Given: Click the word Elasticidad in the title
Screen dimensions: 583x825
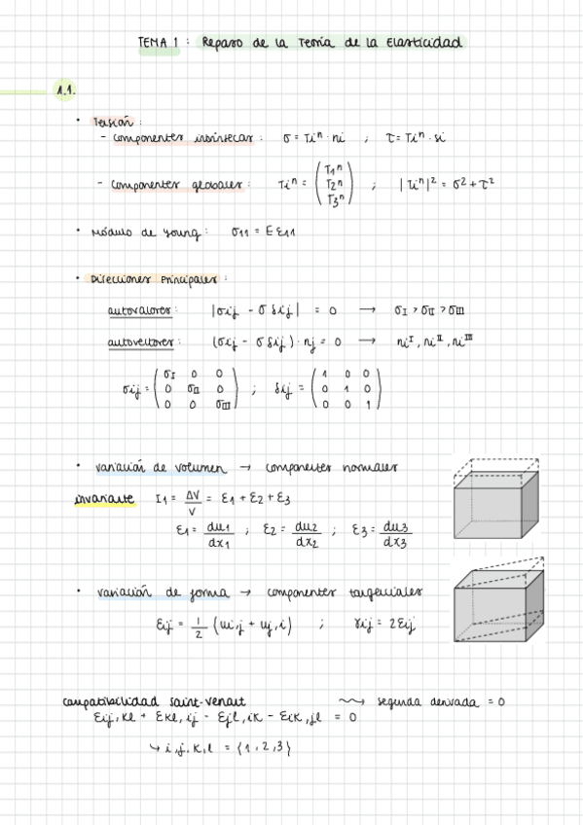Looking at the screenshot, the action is point(425,43).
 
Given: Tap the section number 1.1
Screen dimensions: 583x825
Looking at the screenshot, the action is point(66,90).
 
